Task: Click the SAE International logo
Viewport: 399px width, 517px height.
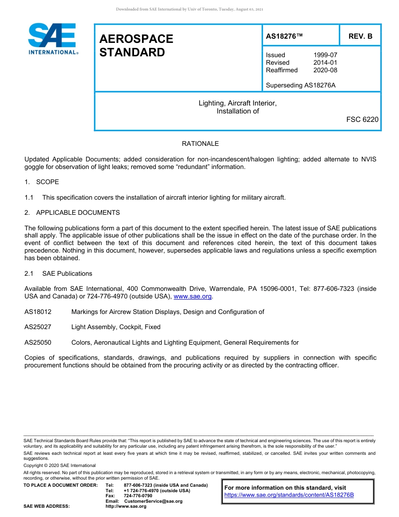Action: pyautogui.click(x=52, y=39)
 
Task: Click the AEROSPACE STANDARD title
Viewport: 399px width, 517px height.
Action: pyautogui.click(x=136, y=45)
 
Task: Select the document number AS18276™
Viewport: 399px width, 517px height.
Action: pyautogui.click(x=284, y=36)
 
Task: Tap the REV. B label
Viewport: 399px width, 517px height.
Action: pyautogui.click(x=360, y=36)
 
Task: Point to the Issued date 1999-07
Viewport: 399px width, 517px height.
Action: pyautogui.click(x=325, y=55)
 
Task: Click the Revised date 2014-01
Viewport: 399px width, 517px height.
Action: pyautogui.click(x=325, y=63)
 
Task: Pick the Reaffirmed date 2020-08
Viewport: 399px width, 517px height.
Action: pyautogui.click(x=325, y=70)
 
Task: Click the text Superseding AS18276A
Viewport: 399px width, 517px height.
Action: pyautogui.click(x=300, y=85)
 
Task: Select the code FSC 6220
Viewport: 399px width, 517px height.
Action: pyautogui.click(x=362, y=119)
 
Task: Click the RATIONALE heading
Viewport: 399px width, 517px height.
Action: pyautogui.click(x=200, y=144)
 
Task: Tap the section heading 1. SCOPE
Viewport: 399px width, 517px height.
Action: pyautogui.click(x=42, y=182)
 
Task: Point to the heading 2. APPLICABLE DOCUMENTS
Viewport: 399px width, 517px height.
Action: pyautogui.click(x=72, y=213)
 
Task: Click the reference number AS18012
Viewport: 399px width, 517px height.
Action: pyautogui.click(x=38, y=312)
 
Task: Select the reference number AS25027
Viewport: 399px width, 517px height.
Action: pyautogui.click(x=38, y=327)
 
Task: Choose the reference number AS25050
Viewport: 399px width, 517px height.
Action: pyautogui.click(x=38, y=343)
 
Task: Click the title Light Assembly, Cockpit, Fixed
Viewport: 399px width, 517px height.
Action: pyautogui.click(x=116, y=327)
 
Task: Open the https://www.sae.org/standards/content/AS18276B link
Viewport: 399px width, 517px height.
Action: pyautogui.click(x=289, y=495)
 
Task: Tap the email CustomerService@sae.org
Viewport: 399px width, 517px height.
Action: pyautogui.click(x=153, y=501)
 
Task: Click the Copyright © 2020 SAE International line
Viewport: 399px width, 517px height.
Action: pyautogui.click(x=60, y=465)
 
